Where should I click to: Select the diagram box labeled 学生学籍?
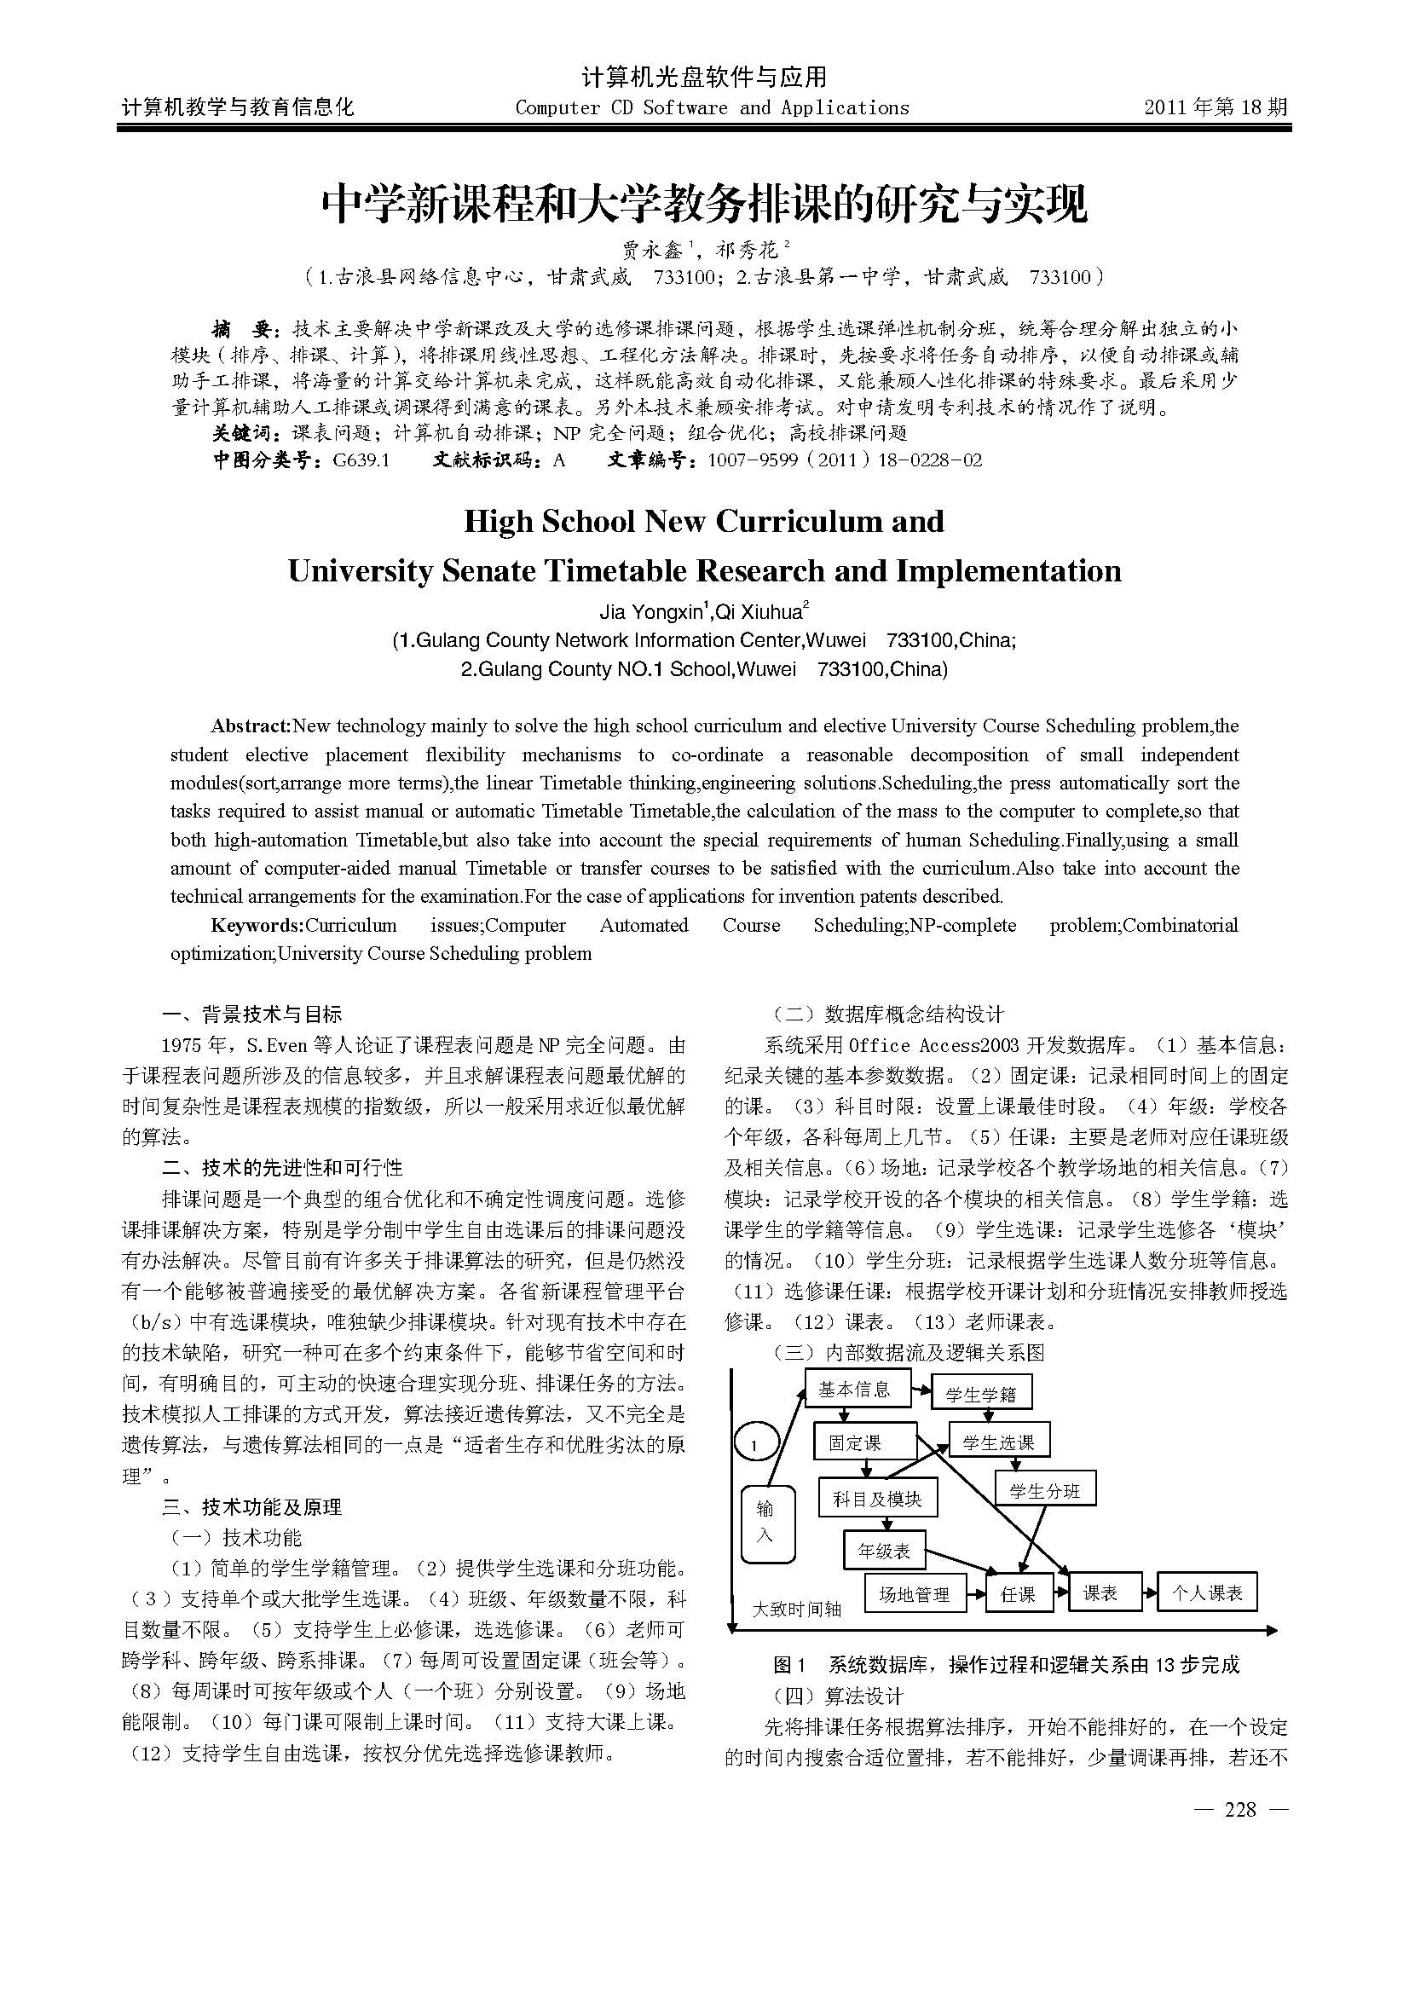point(980,1395)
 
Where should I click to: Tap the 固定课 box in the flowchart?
point(864,1442)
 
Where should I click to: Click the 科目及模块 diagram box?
point(878,1499)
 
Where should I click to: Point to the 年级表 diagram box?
point(884,1551)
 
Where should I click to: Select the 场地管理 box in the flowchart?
point(914,1594)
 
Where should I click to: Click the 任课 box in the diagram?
point(1018,1594)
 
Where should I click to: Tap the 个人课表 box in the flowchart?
point(1207,1592)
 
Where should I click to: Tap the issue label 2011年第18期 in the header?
point(1216,107)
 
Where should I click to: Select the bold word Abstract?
point(250,726)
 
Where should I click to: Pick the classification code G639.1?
point(361,460)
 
